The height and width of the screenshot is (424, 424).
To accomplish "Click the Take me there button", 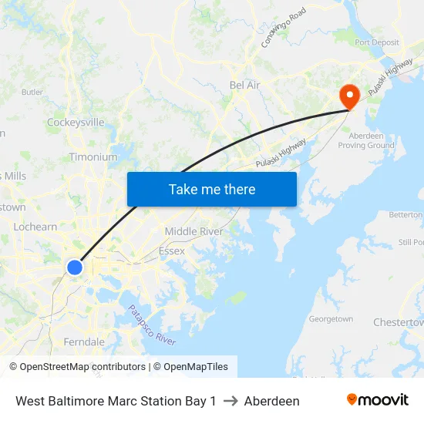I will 212,189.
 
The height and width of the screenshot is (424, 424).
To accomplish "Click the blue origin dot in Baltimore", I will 75,268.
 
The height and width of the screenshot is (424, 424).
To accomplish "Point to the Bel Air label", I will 245,85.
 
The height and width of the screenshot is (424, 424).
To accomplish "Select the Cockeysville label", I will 76,122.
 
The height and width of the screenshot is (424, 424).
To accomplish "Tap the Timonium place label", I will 93,156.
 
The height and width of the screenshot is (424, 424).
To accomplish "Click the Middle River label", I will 193,231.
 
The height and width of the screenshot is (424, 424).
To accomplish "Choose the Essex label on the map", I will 171,251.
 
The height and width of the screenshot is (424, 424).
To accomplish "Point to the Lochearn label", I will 35,227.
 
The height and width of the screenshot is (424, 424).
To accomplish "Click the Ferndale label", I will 84,342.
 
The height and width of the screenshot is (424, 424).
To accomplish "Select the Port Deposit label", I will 377,42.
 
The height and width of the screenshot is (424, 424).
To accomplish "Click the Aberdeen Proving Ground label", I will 366,140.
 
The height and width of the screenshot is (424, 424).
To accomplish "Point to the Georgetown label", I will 331,319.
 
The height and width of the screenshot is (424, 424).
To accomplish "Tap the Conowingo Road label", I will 284,28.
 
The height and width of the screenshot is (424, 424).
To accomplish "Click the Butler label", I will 32,92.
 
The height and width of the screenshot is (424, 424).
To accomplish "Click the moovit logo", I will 378,400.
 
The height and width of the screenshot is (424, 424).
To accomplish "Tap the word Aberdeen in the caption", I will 271,401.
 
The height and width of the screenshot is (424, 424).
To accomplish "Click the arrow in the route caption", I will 231,401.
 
